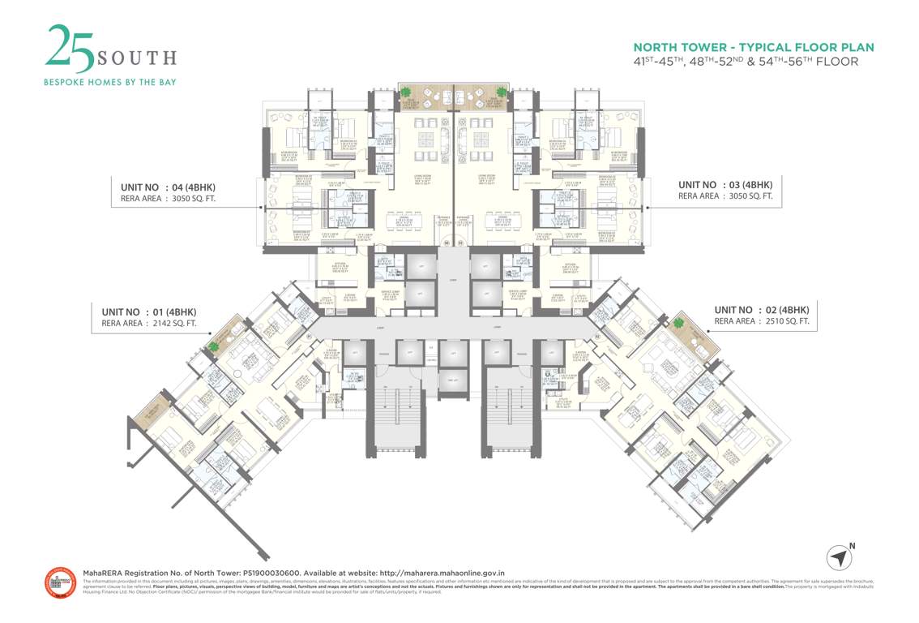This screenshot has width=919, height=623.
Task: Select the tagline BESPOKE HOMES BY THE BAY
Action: pyautogui.click(x=109, y=82)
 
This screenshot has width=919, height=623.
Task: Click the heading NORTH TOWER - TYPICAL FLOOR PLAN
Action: pyautogui.click(x=754, y=47)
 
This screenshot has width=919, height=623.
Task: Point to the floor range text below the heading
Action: pyautogui.click(x=745, y=62)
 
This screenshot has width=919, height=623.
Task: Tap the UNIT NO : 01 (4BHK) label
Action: pyautogui.click(x=149, y=311)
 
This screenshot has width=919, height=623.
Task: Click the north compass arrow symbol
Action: pyautogui.click(x=839, y=558)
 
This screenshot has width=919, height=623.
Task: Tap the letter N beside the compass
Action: pyautogui.click(x=852, y=546)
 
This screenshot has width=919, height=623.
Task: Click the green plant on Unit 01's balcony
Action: pyautogui.click(x=214, y=346)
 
